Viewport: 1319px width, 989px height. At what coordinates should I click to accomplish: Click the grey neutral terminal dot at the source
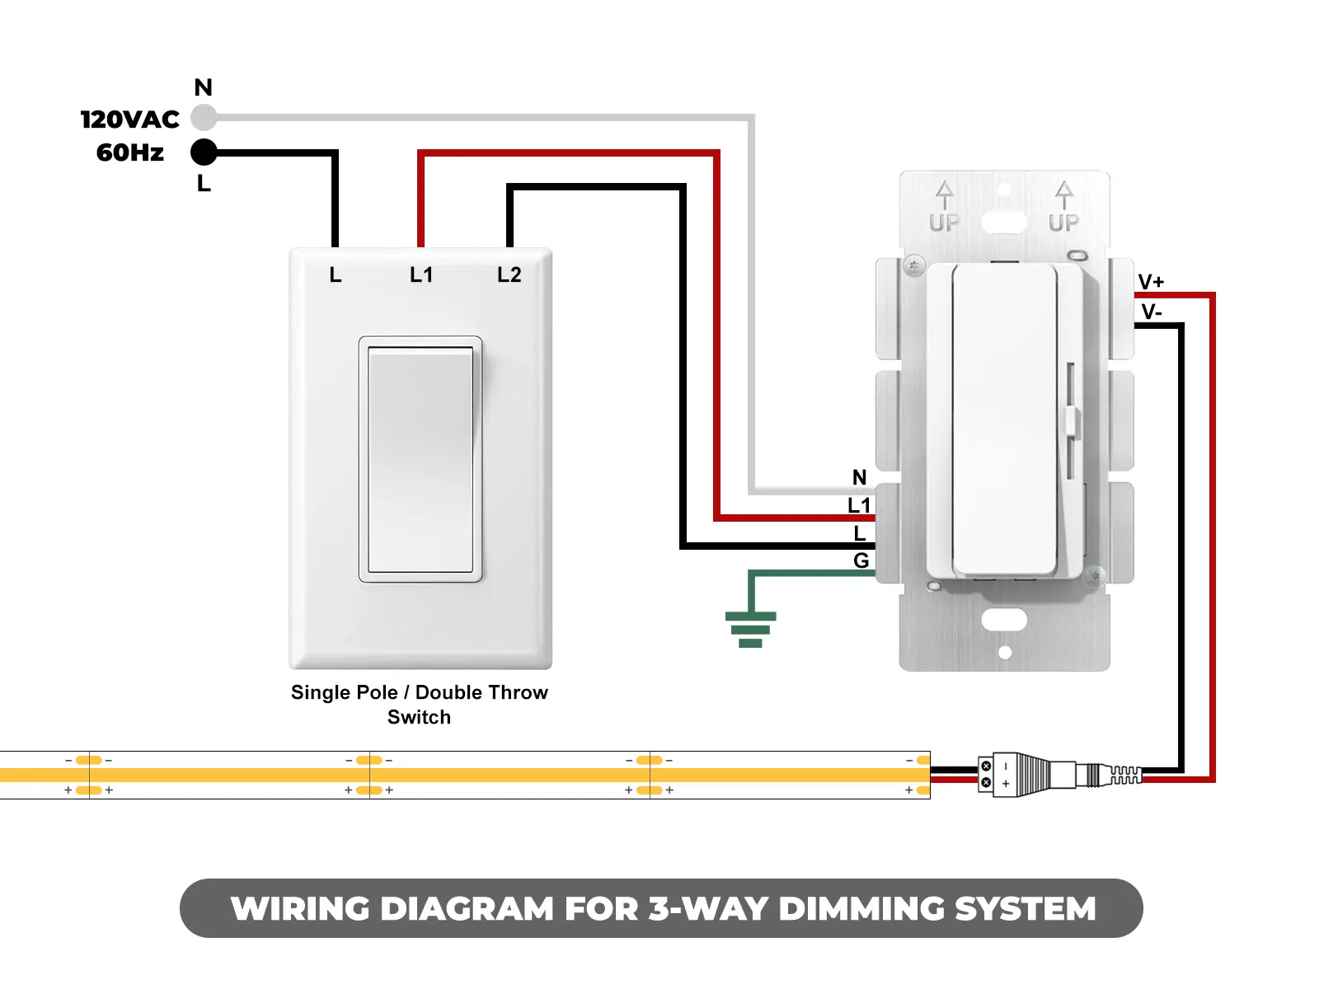pos(204,118)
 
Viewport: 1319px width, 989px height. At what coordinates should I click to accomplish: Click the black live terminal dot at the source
pos(204,152)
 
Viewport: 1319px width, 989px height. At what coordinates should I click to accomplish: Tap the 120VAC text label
pos(130,120)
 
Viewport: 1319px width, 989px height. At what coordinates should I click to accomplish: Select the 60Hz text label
pos(130,152)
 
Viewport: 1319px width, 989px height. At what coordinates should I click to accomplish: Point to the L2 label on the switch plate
pos(509,274)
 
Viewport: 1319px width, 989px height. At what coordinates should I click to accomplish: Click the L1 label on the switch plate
pos(421,274)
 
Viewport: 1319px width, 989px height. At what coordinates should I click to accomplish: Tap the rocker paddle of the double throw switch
pos(420,459)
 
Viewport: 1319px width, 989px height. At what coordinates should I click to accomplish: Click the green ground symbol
pos(750,629)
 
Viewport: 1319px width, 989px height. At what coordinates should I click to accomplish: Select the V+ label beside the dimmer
pos(1151,282)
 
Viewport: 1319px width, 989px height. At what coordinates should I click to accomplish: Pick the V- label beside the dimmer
pos(1151,312)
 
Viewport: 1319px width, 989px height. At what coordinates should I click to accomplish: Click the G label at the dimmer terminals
pos(861,560)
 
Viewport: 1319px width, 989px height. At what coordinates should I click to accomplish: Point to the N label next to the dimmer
pos(859,477)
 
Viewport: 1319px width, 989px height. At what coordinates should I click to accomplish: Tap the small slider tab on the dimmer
pos(1072,420)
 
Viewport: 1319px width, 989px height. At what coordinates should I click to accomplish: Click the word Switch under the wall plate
pos(419,717)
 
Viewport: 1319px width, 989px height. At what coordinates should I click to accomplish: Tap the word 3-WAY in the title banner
pos(707,908)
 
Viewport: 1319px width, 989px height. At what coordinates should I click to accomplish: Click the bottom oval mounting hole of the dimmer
pos(1004,620)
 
